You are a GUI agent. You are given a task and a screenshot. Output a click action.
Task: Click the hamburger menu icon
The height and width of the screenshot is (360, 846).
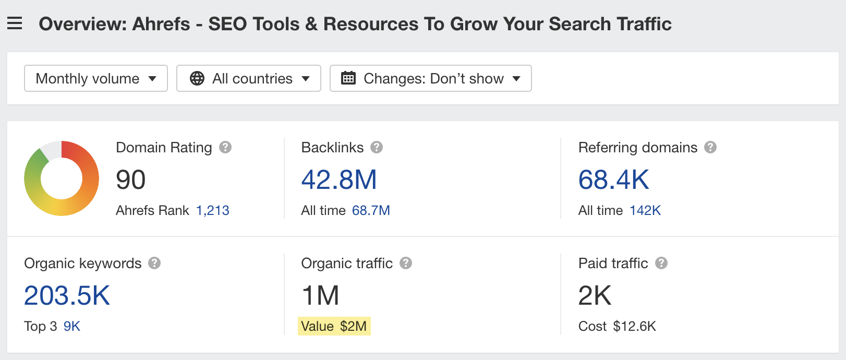point(15,23)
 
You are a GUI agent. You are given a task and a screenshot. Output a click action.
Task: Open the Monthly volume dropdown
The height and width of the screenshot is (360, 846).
point(96,78)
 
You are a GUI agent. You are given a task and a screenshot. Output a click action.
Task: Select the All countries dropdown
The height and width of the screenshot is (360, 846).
point(249,78)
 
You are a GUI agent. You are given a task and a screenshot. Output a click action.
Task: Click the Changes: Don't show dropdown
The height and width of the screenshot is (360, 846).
point(430,78)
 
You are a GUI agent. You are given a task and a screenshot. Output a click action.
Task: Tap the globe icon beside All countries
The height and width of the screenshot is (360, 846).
point(197,78)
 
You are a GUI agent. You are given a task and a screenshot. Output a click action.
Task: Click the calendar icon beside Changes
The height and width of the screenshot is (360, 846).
point(348,78)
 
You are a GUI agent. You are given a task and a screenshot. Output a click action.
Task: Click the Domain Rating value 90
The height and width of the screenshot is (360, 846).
point(130,180)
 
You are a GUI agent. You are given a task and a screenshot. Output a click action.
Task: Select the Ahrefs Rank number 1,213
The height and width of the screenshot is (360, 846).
point(212,210)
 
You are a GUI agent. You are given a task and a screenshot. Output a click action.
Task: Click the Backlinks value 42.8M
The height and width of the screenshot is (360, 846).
point(339,180)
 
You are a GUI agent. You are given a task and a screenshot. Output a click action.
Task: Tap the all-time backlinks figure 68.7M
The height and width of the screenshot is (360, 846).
point(371,210)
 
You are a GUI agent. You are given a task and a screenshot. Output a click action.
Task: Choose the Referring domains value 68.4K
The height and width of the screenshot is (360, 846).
point(613,180)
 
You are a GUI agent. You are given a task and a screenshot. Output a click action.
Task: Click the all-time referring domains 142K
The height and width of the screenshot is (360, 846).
point(645,210)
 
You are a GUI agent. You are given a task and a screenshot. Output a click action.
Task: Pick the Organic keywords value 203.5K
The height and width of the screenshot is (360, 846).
point(67,296)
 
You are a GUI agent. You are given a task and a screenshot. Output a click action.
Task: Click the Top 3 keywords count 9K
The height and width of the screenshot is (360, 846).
point(72,326)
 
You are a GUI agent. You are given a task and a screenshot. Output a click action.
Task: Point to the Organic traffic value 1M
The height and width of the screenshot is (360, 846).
point(320,296)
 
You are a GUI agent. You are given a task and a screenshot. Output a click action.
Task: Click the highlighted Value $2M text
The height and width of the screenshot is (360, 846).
point(334,326)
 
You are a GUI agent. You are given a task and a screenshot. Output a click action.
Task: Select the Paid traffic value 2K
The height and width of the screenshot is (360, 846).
point(595,296)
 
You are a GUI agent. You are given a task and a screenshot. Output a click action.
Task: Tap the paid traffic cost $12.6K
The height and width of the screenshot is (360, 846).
point(634,326)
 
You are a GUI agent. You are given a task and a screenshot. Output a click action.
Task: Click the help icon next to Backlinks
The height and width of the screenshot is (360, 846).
point(377,147)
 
